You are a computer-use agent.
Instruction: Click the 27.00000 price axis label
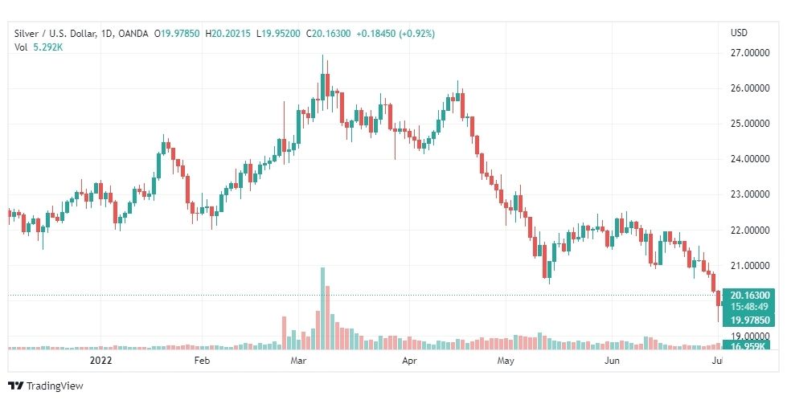click(748, 53)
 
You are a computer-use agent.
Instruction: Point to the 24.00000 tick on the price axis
click(748, 159)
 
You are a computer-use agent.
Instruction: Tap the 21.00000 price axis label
click(748, 266)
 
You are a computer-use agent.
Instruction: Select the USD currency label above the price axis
click(739, 32)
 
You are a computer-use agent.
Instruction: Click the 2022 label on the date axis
click(101, 361)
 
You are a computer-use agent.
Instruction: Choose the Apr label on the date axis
click(410, 361)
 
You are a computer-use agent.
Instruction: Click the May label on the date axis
click(505, 361)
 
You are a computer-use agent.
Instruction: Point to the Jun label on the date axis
click(613, 361)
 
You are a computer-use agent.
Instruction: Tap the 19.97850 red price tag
click(748, 320)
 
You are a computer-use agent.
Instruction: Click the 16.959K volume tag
click(748, 346)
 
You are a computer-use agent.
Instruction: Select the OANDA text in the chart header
click(131, 32)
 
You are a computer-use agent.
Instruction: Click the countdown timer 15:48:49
click(748, 307)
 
